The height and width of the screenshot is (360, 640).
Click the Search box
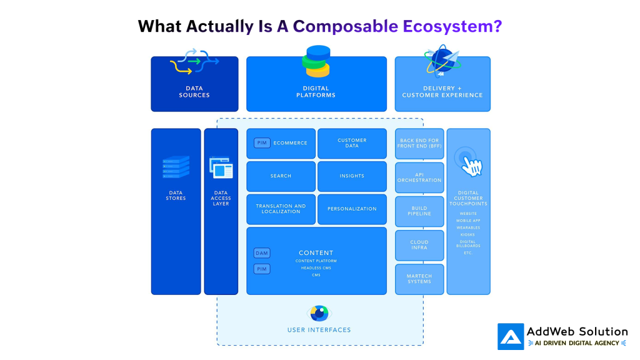[x=281, y=176]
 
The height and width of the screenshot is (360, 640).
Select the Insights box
[x=352, y=176]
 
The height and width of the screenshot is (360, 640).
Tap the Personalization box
[x=352, y=209]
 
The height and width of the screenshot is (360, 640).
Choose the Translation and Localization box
[x=281, y=209]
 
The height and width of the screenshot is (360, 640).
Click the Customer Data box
[x=352, y=143]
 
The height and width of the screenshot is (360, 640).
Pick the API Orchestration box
[x=419, y=177]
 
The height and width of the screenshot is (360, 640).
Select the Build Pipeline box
[x=419, y=211]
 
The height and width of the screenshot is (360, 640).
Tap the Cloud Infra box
[x=419, y=245]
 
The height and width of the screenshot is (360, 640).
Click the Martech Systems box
[x=419, y=279]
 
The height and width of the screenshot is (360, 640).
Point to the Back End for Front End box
[x=419, y=144]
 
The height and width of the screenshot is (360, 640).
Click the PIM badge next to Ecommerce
[x=262, y=143]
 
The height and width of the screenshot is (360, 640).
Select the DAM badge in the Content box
[x=262, y=253]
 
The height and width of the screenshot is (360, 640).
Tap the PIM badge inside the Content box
[x=262, y=269]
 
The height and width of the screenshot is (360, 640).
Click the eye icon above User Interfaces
[x=319, y=312]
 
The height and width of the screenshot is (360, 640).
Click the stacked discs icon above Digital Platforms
[x=317, y=61]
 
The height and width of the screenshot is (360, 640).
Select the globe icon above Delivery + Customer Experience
[x=442, y=61]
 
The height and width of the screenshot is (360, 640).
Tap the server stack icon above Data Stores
[x=176, y=167]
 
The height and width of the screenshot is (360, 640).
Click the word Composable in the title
[x=345, y=26]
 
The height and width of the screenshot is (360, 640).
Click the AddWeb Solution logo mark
[x=511, y=336]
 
